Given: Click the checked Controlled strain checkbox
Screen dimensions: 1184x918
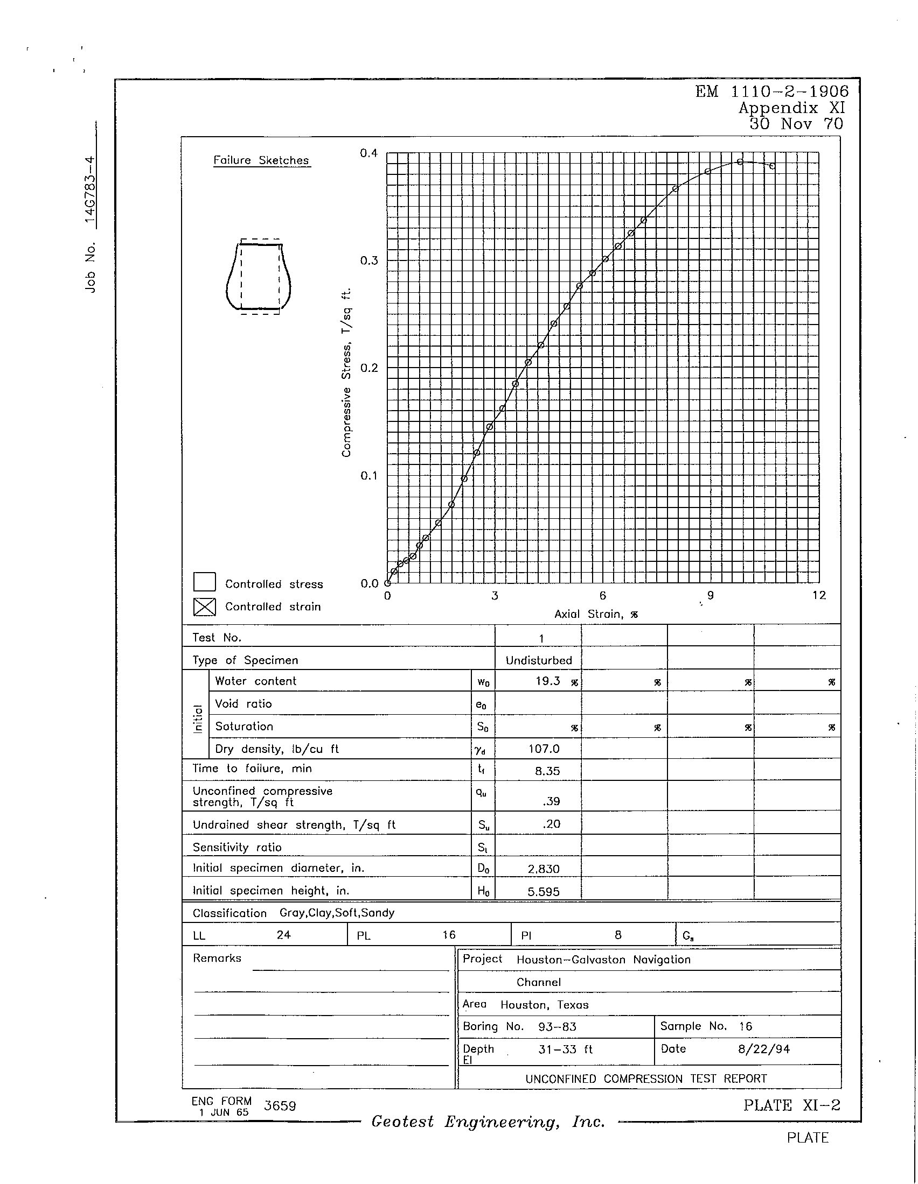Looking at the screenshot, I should pos(205,607).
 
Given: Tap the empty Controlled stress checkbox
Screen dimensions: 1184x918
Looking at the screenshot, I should pos(205,582).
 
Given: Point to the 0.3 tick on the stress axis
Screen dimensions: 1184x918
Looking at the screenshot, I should pos(369,261).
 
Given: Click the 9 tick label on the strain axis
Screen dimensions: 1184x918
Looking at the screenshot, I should pos(710,595).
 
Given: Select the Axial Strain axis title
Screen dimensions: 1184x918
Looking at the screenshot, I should pos(596,614).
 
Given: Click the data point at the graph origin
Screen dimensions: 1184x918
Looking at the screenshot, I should pos(387,583).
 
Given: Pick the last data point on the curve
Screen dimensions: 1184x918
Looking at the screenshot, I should pos(772,166).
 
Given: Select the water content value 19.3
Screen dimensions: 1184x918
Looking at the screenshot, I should pos(547,681).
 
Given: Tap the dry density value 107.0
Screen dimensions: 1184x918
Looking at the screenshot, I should pos(544,749).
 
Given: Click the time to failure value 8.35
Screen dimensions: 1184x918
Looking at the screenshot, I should pos(547,771).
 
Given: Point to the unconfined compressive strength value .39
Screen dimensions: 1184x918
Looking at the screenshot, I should pos(551,801).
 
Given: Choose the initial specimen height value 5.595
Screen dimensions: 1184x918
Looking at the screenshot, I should pos(543,891).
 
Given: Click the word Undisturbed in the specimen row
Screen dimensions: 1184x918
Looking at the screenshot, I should pos(539,660).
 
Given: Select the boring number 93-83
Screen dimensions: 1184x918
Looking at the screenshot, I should pos(557,1027).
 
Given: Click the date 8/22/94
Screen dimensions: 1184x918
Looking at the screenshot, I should pos(763,1049).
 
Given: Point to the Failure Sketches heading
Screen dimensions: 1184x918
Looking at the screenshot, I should pos(261,160).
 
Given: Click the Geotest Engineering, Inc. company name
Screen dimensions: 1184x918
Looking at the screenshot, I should pos(488,1122).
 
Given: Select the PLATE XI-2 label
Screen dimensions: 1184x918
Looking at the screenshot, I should pos(791,1105).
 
